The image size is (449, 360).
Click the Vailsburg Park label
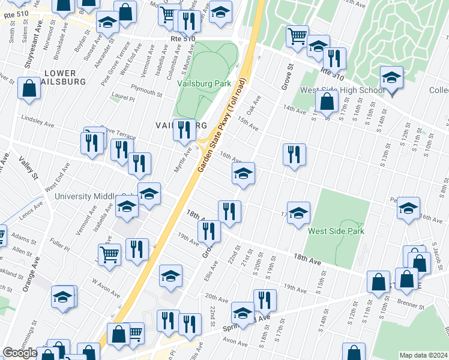pos(203,83)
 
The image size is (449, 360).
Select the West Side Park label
pos(336,230)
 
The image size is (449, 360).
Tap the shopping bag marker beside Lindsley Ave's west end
pos(29,89)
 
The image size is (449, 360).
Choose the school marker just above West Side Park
pos(298,213)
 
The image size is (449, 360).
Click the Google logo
pos(20,353)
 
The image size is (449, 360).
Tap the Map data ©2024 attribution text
pos(424,355)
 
